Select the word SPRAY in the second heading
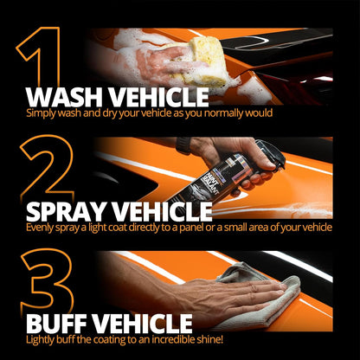tap(72, 210)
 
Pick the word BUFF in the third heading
tap(62, 324)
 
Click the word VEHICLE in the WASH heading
tap(160, 96)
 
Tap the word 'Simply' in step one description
tap(42, 113)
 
